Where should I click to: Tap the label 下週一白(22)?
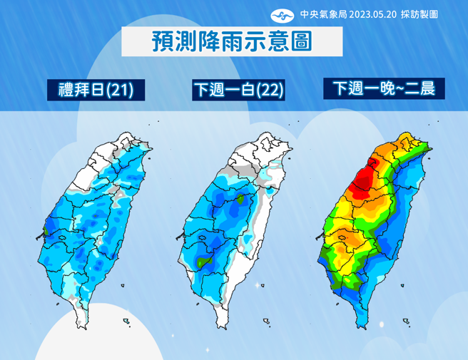point(238,90)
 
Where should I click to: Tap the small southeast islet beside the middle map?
point(267,321)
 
